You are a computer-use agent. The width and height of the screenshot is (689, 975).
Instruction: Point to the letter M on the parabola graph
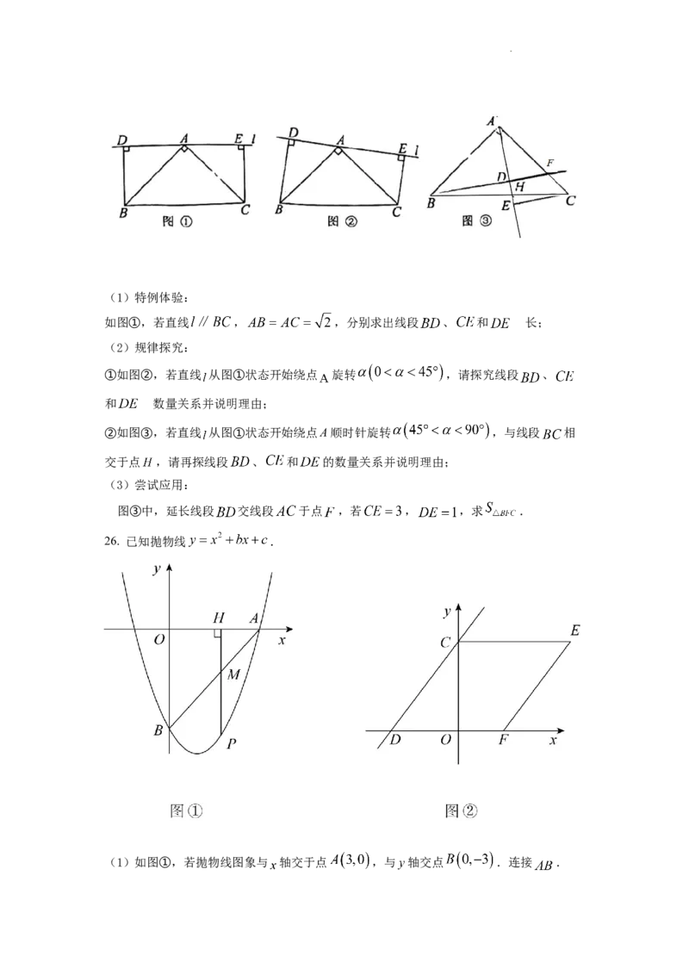233,674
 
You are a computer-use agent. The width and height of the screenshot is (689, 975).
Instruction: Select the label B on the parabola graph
158,730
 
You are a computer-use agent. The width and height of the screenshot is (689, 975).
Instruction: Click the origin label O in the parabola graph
158,640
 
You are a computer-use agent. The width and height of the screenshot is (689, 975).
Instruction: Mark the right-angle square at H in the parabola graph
218,633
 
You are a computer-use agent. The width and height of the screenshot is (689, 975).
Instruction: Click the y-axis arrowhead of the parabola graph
170,568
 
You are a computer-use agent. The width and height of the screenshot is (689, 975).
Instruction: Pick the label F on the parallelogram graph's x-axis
502,740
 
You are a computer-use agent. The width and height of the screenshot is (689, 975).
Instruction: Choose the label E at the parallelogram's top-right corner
574,631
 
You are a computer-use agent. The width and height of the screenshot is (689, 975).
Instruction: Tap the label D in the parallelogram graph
394,740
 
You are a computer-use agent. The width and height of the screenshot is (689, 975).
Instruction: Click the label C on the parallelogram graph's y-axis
445,641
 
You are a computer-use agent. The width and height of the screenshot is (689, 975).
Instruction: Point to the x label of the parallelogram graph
553,740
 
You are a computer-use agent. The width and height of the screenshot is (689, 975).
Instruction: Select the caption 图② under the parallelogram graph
461,810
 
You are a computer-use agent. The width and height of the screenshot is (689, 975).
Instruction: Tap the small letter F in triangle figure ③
550,162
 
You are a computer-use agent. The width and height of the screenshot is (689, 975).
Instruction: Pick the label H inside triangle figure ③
518,187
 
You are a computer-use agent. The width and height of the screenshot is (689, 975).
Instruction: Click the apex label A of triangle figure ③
493,121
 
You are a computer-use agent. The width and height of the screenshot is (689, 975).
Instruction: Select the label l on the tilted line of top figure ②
417,152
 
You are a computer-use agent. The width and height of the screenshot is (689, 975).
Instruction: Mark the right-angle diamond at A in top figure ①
183,150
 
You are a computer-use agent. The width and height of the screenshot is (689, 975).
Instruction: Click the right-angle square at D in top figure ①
126,150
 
